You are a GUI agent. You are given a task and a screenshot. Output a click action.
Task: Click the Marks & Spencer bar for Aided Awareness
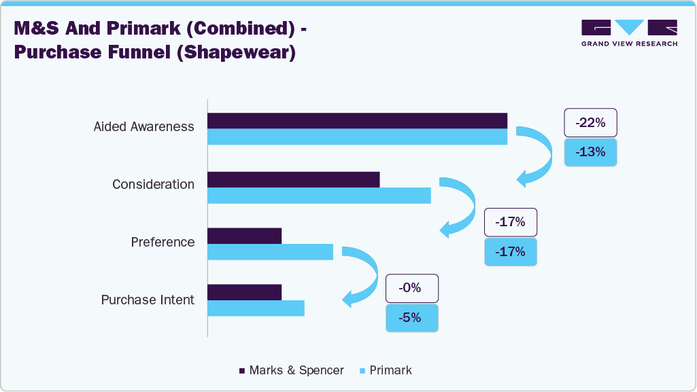(357, 120)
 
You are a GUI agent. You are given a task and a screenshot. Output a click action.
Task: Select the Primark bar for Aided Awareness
(357, 137)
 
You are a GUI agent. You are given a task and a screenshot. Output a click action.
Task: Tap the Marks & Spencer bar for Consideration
(293, 179)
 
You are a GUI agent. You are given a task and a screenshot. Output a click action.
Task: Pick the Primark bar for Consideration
(319, 196)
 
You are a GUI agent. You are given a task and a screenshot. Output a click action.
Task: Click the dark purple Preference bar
(244, 236)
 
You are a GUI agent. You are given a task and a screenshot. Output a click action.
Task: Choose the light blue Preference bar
(270, 252)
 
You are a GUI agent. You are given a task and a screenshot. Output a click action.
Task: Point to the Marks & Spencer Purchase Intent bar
(244, 292)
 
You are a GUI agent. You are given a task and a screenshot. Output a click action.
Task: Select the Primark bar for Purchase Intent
(256, 308)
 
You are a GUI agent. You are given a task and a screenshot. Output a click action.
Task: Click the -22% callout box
(590, 123)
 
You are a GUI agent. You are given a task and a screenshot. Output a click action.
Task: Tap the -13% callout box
(590, 153)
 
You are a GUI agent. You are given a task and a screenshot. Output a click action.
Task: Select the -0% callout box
(412, 288)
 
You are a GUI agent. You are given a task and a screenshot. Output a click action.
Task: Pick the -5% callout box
(412, 318)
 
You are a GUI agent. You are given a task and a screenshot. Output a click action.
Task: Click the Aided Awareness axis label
(143, 127)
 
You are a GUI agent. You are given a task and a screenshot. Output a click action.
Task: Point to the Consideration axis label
(153, 185)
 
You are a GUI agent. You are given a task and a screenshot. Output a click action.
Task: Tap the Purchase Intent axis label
(148, 300)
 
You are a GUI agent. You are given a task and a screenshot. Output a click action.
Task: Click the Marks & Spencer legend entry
(291, 370)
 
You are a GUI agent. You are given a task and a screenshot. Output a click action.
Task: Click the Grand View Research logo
(629, 33)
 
